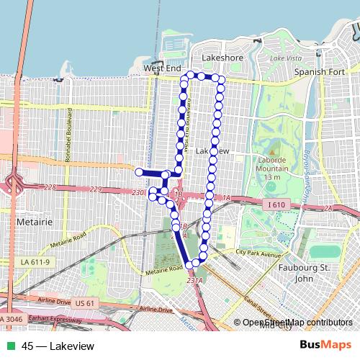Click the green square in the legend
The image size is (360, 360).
pos(12,346)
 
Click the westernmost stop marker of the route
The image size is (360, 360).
pos(139,171)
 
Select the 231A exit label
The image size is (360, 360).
pos(193,279)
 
